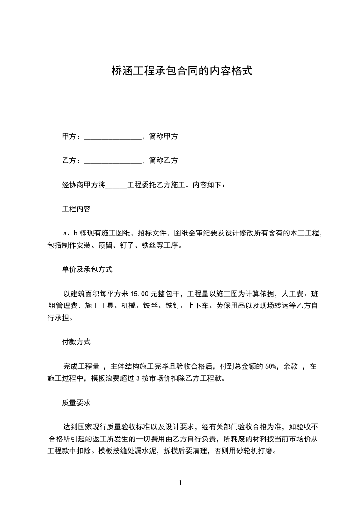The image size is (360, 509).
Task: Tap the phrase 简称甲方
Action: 163,136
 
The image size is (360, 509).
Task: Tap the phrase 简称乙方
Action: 163,160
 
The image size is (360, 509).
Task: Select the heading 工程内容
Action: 76,209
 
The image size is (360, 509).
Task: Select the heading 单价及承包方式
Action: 87,269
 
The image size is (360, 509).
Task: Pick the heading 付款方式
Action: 76,342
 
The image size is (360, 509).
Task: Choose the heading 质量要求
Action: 76,402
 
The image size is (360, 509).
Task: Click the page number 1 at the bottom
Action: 180,483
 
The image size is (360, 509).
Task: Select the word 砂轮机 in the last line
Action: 245,451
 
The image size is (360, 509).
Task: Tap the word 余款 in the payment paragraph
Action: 291,366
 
